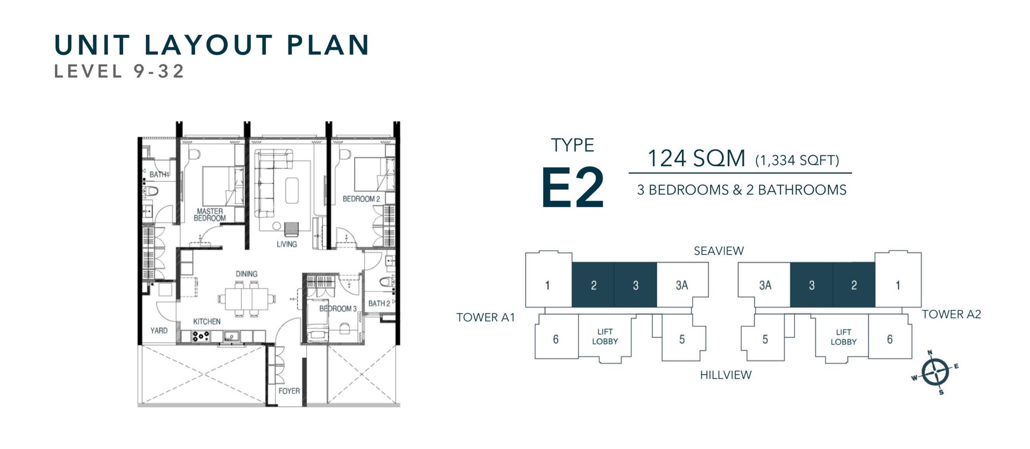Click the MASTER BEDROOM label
210,215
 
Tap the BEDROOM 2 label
361,199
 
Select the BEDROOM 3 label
338,309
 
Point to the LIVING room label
286,244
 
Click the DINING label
247,274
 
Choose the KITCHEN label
207,321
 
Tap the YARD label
159,330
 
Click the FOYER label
289,391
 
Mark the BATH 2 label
379,303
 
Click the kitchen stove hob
200,336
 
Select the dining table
247,299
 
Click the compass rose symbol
935,372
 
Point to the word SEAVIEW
719,251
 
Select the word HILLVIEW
726,375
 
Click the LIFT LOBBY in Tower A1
605,336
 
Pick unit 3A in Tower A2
765,285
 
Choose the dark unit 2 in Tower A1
593,285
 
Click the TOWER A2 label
951,314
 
